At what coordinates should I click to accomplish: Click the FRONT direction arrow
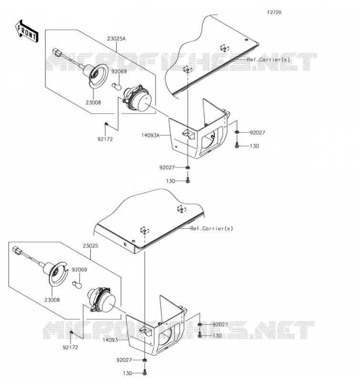pos(27,32)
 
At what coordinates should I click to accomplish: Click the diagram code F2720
pos(274,12)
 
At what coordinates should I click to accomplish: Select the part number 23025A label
pos(116,39)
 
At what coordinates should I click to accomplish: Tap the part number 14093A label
pos(150,135)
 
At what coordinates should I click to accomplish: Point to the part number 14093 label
pos(110,340)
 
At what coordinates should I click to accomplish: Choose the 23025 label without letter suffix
pos(90,246)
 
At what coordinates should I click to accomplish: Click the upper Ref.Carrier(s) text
pos(268,59)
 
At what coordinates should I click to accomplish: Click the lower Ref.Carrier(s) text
pos(212,229)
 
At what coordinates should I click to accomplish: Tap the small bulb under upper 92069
pos(116,86)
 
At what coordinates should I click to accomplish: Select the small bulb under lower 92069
pos(77,285)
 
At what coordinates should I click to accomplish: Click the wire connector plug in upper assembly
pos(56,52)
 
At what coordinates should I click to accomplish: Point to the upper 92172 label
pos(105,139)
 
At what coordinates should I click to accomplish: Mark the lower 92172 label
pos(70,347)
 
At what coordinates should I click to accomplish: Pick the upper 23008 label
pos(93,103)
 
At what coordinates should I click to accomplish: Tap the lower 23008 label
pos(52,300)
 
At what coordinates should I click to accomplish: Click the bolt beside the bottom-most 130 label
pos(145,372)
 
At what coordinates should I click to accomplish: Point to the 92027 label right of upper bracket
pos(257,133)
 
